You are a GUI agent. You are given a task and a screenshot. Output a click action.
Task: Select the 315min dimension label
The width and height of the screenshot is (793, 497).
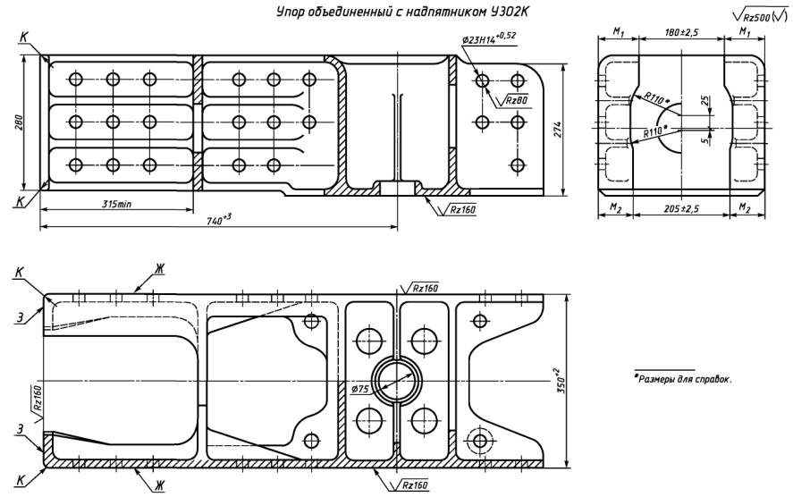coord(116,204)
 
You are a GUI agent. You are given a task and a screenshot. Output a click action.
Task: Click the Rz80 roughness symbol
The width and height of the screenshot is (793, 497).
coord(515,100)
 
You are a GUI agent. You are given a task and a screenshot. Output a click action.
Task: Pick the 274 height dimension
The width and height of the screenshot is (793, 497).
coord(572,129)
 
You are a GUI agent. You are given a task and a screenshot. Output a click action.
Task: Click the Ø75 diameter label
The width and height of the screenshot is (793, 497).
coord(361,389)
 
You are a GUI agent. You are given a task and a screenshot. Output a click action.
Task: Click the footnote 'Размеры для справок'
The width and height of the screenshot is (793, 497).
coord(683,378)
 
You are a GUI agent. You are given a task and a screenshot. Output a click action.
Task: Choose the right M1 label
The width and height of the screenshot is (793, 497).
coord(744,32)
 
